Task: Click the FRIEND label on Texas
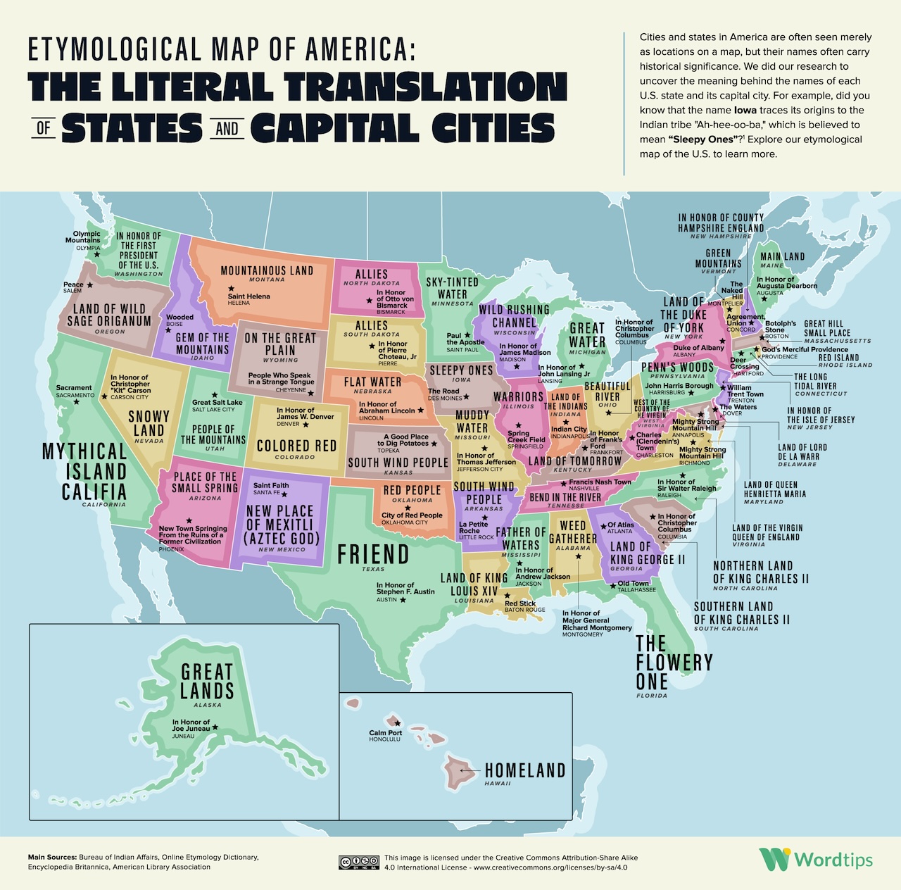tap(373, 554)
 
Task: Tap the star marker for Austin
tap(403, 600)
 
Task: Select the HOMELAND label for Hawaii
tap(525, 771)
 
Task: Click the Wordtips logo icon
tap(774, 859)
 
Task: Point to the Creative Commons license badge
tap(359, 863)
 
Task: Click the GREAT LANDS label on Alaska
tap(207, 681)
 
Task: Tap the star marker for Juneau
tap(215, 727)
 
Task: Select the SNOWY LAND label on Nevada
tap(149, 423)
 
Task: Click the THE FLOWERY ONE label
tap(673, 663)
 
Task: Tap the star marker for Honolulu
tap(398, 723)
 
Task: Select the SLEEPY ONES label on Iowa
tap(461, 370)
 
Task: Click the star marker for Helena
tap(231, 289)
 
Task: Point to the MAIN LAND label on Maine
tap(782, 256)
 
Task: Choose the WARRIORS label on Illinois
tap(518, 396)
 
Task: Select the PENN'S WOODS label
tap(677, 368)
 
